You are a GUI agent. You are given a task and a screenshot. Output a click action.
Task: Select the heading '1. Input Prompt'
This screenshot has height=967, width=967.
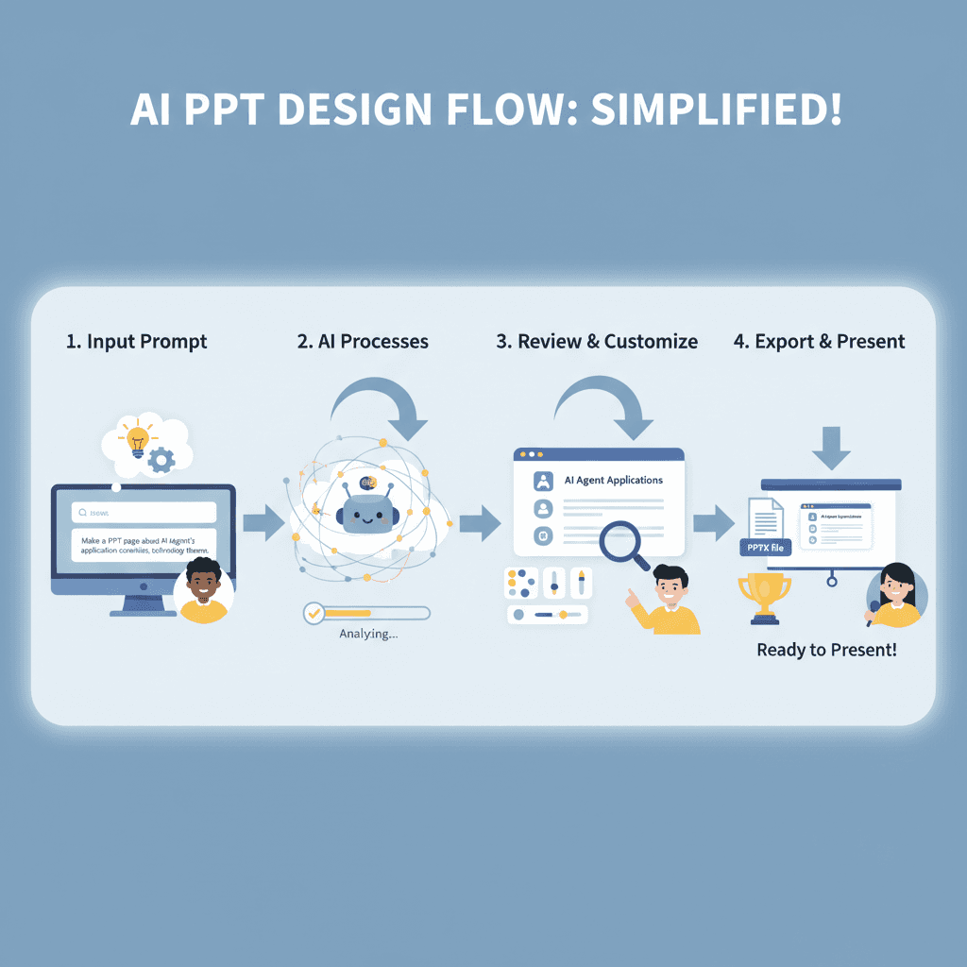[x=136, y=342]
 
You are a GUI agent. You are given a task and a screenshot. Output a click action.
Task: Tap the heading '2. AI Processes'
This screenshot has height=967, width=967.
[x=363, y=342]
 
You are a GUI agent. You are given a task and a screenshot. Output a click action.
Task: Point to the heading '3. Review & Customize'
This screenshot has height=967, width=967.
[x=597, y=342]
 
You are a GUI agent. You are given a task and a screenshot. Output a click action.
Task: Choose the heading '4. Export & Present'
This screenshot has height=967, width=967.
[x=819, y=342]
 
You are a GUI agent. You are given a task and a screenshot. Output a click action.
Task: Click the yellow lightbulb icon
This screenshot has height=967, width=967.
[x=138, y=440]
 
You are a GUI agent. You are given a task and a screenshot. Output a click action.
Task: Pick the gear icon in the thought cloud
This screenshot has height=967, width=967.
[x=162, y=460]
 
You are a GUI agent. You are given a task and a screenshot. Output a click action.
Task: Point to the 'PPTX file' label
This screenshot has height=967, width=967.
[x=763, y=548]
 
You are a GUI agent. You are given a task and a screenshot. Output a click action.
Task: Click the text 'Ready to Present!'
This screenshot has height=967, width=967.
[x=826, y=650]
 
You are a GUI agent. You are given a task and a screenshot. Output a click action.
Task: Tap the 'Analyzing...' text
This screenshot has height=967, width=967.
[x=368, y=635]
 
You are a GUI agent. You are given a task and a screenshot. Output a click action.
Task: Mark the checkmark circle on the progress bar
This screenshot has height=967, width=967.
[x=314, y=613]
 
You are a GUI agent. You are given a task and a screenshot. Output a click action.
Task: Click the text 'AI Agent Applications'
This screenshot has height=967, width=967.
[x=613, y=480]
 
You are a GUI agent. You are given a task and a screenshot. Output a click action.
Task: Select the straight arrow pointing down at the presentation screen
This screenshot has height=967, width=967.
[x=831, y=447]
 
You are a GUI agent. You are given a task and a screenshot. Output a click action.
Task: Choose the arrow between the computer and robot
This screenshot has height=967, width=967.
[x=263, y=522]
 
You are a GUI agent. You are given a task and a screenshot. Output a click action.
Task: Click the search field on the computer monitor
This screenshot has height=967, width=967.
[x=144, y=512]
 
